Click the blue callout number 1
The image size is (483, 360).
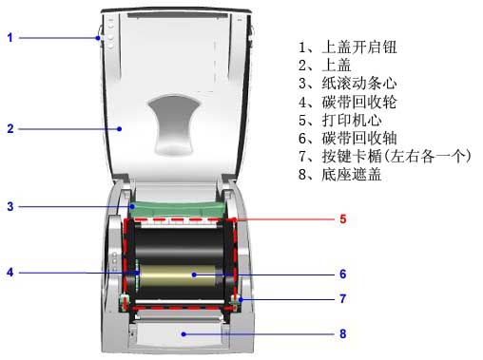(10, 38)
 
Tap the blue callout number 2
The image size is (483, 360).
(10, 128)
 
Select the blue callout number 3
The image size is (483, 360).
(10, 206)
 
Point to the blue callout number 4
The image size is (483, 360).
(10, 272)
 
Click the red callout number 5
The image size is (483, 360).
(342, 218)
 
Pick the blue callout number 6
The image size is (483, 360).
(342, 274)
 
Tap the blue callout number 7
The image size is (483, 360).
(342, 298)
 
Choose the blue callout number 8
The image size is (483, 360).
(342, 333)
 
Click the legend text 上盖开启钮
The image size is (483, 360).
(359, 47)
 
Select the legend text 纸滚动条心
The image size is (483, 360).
(359, 84)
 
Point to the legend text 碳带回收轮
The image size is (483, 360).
(359, 102)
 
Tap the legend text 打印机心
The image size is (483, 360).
(352, 120)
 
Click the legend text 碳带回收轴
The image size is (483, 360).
(359, 138)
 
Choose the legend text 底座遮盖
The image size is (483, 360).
(352, 175)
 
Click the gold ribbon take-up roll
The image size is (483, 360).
(178, 275)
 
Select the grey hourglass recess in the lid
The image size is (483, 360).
(174, 124)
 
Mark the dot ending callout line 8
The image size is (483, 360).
(184, 334)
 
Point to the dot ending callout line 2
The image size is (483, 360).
(119, 129)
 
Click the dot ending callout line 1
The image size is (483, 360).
(98, 38)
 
